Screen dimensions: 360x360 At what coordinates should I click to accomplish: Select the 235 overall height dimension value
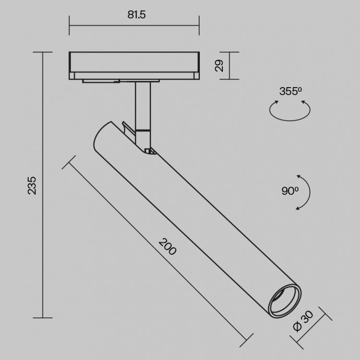point(32,185)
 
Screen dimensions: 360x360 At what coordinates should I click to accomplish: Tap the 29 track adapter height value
point(219,66)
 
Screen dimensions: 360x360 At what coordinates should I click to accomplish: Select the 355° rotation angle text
point(291,91)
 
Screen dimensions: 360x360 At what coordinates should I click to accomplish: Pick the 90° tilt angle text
point(290,191)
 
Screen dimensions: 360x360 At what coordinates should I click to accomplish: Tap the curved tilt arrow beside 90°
point(307,192)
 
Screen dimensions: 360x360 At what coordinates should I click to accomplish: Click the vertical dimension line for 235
point(43,185)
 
